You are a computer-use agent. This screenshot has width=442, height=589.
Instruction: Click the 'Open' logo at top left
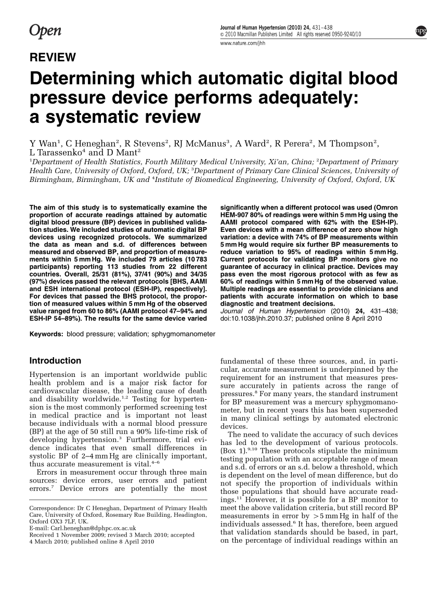pyautogui.click(x=45, y=31)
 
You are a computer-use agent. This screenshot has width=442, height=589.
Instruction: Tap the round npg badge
pyautogui.click(x=420, y=31)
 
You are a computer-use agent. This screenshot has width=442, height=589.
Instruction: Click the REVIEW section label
pyautogui.click(x=53, y=57)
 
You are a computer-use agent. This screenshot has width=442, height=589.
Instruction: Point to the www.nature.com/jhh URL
pyautogui.click(x=243, y=43)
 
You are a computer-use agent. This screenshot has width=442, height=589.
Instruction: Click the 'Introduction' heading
pyautogui.click(x=55, y=361)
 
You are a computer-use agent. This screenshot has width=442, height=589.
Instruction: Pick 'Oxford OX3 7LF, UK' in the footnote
pyautogui.click(x=59, y=521)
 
